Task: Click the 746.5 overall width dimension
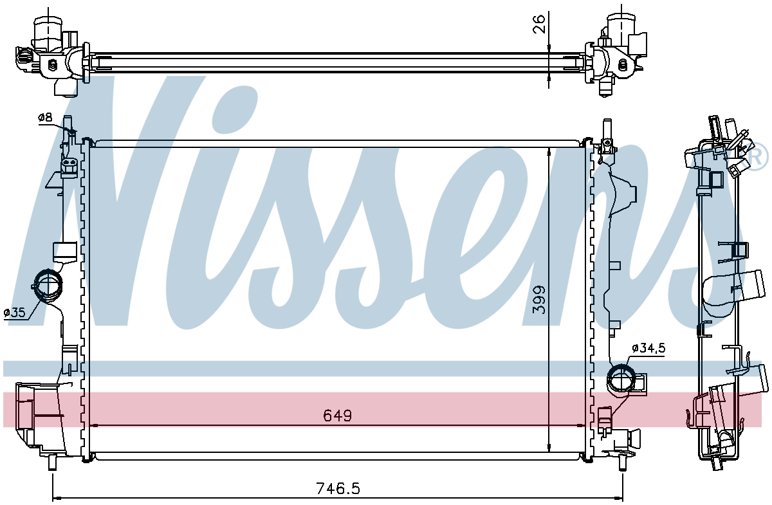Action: [338, 488]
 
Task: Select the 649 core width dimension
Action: [337, 416]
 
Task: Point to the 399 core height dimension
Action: [539, 300]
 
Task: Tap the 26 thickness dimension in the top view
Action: [539, 24]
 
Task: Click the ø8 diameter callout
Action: [45, 118]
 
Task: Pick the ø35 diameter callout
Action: [14, 313]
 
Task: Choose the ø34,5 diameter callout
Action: [648, 348]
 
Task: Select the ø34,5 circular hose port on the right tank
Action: [621, 378]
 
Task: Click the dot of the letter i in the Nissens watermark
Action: [234, 110]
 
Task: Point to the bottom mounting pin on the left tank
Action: [52, 462]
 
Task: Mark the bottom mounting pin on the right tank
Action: [623, 463]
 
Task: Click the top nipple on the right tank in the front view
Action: [607, 129]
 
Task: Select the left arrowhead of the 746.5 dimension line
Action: [57, 498]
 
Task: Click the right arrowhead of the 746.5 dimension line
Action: [619, 498]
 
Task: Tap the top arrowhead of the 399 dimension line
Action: [549, 152]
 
